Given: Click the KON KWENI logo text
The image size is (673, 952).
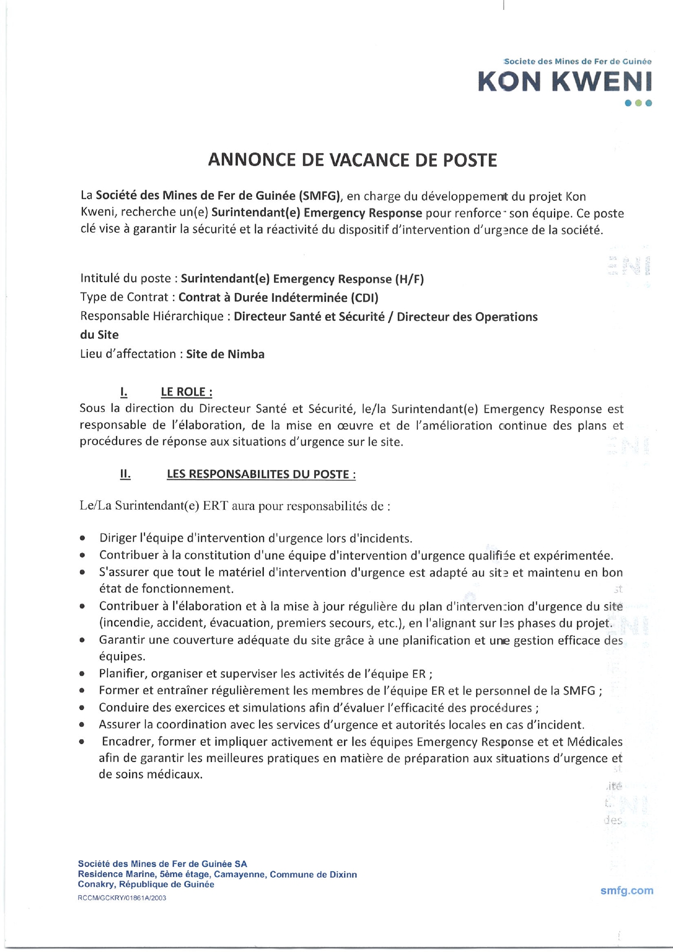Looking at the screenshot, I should [x=564, y=81].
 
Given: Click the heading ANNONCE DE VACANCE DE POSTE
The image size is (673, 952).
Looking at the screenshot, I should [x=353, y=160].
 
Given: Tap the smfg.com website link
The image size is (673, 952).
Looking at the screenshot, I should [x=626, y=890].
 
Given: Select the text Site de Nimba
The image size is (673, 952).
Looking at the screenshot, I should [x=225, y=354].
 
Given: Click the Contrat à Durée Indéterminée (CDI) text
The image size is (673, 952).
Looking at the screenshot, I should [x=278, y=297].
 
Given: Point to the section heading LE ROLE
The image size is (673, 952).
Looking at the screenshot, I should [x=186, y=392].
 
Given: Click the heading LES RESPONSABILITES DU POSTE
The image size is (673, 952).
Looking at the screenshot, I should [x=261, y=474].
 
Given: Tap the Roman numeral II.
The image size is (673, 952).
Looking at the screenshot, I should [x=125, y=474].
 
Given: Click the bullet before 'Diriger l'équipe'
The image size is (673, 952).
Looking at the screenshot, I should [x=82, y=539].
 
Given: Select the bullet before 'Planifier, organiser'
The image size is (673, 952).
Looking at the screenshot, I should [x=82, y=675].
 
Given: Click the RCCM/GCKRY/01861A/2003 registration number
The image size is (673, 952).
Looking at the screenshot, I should [x=122, y=898].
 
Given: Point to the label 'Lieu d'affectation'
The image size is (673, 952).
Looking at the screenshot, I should [x=128, y=354].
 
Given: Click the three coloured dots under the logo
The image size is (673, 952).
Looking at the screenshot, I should [x=638, y=103].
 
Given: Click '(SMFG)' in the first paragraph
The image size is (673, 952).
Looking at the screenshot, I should [x=320, y=196].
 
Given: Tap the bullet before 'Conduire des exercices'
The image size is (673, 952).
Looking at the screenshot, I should [x=82, y=708].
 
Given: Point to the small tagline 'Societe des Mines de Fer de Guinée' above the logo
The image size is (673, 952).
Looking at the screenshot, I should [x=578, y=61].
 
